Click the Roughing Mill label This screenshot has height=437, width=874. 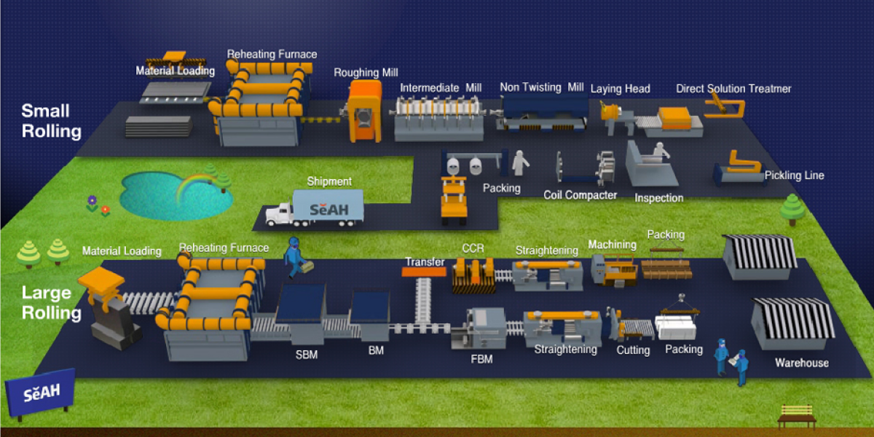(366, 73)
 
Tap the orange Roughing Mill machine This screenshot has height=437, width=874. (364, 111)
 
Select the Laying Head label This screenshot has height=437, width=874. (621, 89)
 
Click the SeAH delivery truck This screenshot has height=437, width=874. (315, 208)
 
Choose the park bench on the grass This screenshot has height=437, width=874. (796, 417)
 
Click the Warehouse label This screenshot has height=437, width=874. (802, 363)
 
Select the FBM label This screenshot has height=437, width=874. (481, 359)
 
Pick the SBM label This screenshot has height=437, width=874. (307, 355)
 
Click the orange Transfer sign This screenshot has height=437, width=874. (424, 272)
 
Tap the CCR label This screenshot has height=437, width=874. (473, 248)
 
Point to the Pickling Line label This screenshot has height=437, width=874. (795, 176)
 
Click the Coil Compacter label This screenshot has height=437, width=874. (580, 195)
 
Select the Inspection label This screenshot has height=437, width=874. (659, 198)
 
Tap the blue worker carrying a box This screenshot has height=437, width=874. (296, 258)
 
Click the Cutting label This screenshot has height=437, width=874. (633, 350)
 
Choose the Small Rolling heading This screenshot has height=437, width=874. (52, 121)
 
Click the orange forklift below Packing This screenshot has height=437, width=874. (454, 200)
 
